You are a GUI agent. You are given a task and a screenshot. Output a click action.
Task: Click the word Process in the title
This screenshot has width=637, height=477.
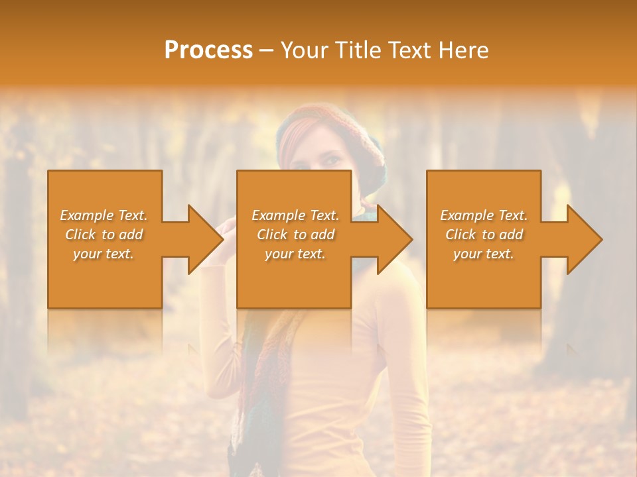[x=208, y=50]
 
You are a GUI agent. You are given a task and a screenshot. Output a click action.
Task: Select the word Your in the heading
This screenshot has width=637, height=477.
[x=305, y=50]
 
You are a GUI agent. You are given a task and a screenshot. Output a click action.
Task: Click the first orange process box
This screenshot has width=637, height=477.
[x=105, y=285]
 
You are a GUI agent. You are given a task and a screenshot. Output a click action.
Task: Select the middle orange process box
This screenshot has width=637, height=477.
[x=294, y=285]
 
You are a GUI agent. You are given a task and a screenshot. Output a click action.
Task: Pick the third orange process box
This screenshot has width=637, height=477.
[x=483, y=285]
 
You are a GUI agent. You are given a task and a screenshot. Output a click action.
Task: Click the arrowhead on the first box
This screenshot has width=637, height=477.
[x=206, y=239]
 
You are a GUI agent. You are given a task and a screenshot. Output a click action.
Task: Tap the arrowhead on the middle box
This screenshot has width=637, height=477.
[x=395, y=239]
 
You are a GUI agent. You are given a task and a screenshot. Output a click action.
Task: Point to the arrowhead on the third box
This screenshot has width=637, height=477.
[x=585, y=239]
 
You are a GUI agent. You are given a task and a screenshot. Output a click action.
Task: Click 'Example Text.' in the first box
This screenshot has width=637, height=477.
[x=104, y=215]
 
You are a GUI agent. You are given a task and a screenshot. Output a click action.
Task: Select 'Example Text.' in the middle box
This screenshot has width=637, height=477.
[x=295, y=215]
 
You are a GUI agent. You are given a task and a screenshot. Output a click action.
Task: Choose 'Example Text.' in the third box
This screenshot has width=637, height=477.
[x=484, y=215]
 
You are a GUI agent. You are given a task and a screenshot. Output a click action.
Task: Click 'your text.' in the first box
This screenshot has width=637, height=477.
[x=104, y=254]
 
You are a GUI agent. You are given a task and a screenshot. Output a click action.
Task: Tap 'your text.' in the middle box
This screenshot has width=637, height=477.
[x=295, y=254]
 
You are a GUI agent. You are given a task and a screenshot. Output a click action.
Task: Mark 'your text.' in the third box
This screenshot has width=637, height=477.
[x=483, y=254]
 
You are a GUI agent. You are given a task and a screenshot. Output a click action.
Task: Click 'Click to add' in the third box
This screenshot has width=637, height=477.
[x=484, y=235]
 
